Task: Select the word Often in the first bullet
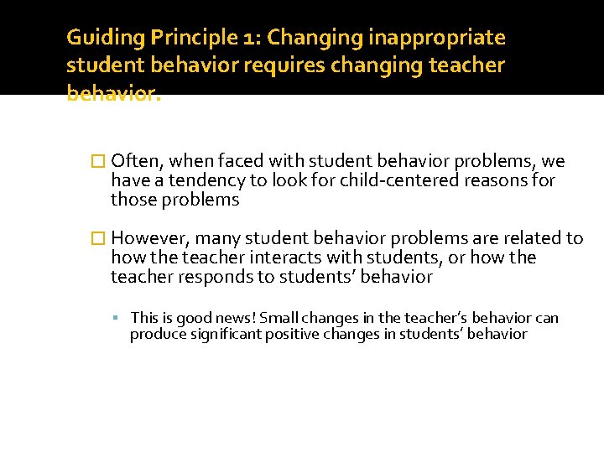131,161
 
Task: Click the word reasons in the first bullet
502,180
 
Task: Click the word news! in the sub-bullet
236,318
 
